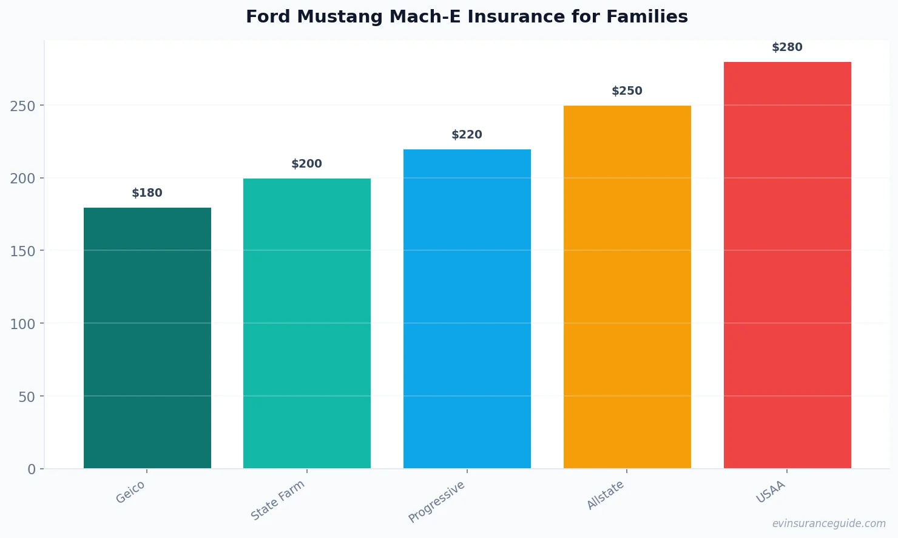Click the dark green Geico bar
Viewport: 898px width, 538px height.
tap(147, 338)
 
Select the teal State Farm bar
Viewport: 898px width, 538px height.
tap(307, 323)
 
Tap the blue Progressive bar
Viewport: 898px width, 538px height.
tap(467, 308)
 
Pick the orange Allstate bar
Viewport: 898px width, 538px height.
tap(627, 287)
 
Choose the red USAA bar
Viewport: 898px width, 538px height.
tap(787, 265)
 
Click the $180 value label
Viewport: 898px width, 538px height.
tap(147, 193)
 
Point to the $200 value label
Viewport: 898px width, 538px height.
tap(307, 164)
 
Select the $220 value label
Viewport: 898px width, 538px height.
tap(467, 135)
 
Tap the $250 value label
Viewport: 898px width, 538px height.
tap(627, 91)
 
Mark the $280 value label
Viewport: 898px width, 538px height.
tap(787, 47)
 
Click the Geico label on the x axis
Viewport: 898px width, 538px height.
tap(130, 492)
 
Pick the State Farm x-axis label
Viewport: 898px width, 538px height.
tap(278, 500)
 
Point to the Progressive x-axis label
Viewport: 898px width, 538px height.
tap(437, 502)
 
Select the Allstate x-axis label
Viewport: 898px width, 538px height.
tap(606, 495)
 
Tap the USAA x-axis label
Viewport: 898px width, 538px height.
tap(771, 492)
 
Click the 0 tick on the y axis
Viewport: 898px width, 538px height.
tap(32, 469)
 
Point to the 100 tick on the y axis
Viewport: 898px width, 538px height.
tap(22, 324)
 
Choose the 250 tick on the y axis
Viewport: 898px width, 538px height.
tap(22, 106)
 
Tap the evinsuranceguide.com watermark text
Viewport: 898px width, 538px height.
tap(829, 523)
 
